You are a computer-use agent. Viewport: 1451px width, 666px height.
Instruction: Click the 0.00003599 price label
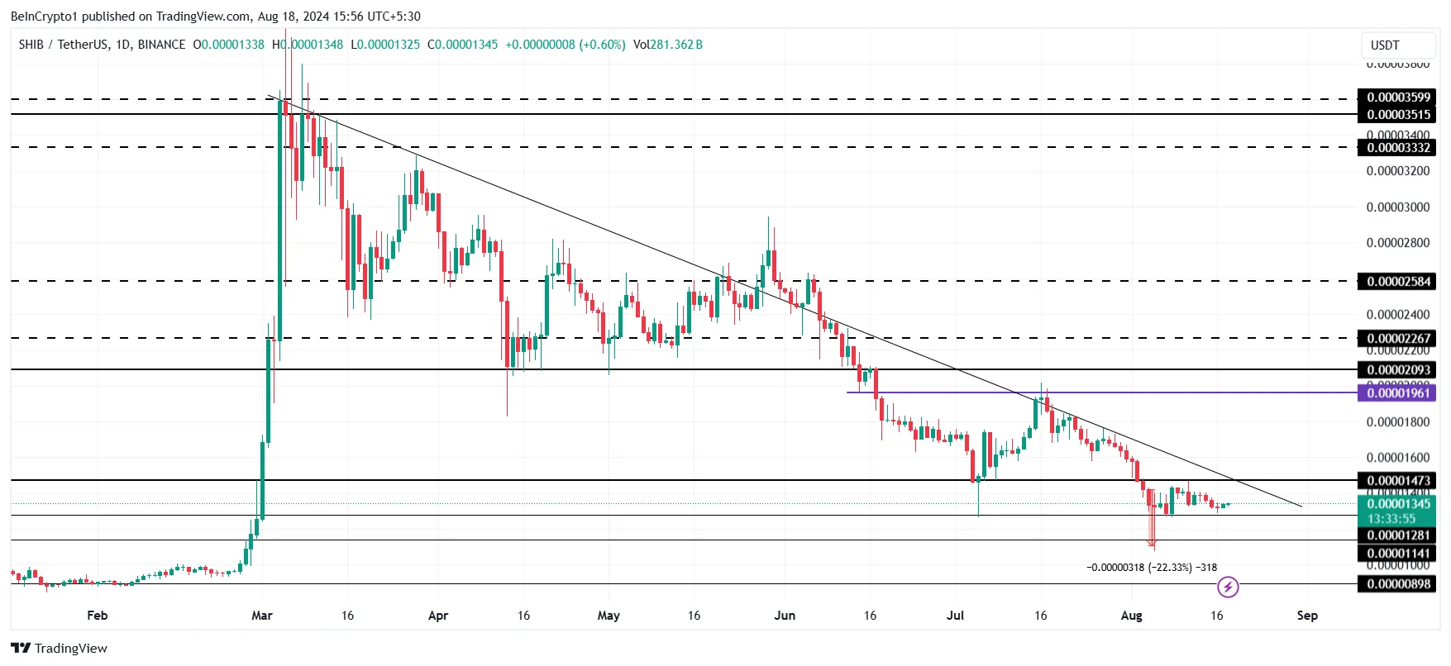pyautogui.click(x=1397, y=98)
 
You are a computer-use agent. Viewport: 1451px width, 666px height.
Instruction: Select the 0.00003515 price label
pyautogui.click(x=1397, y=115)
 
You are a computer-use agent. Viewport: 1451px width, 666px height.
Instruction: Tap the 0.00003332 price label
pyautogui.click(x=1397, y=148)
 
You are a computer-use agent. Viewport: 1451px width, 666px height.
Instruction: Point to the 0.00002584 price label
pyautogui.click(x=1397, y=282)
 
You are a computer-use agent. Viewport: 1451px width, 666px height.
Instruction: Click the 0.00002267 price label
pyautogui.click(x=1397, y=338)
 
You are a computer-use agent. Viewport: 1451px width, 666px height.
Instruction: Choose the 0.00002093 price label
pyautogui.click(x=1397, y=370)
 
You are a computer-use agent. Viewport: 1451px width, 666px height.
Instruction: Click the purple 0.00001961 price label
pyautogui.click(x=1397, y=393)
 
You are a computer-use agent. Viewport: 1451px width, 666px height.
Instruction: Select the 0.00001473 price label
pyautogui.click(x=1397, y=481)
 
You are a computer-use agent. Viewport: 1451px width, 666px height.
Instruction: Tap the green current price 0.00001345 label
pyautogui.click(x=1397, y=504)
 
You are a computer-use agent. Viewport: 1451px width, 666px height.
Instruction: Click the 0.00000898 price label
pyautogui.click(x=1397, y=584)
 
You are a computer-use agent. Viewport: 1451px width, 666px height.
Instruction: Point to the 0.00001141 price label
pyautogui.click(x=1397, y=554)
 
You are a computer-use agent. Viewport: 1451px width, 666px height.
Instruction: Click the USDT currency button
pyautogui.click(x=1396, y=45)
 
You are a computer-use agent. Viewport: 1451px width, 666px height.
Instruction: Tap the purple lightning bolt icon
pyautogui.click(x=1228, y=588)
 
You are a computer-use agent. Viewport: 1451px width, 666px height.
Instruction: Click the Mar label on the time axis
pyautogui.click(x=262, y=616)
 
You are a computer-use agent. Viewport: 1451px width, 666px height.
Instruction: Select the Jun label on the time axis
pyautogui.click(x=785, y=616)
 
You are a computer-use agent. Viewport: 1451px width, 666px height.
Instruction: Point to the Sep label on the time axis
pyautogui.click(x=1307, y=616)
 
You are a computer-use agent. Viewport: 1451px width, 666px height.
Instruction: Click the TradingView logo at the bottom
pyautogui.click(x=60, y=649)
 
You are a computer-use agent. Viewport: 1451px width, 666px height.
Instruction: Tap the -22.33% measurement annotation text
pyautogui.click(x=1151, y=568)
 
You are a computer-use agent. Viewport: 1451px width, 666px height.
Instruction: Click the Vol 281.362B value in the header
pyautogui.click(x=668, y=45)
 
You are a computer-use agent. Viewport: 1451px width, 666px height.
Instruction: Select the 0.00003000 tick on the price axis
pyautogui.click(x=1397, y=207)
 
